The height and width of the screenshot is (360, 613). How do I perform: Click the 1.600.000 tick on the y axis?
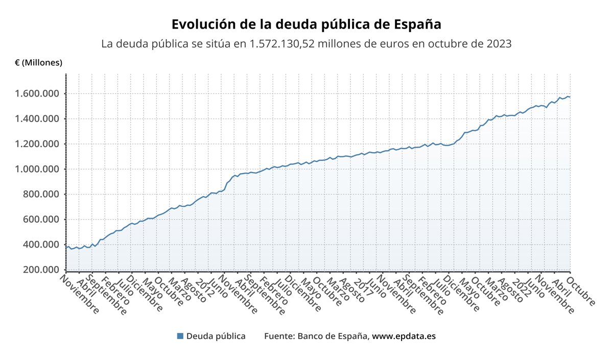(x=38, y=94)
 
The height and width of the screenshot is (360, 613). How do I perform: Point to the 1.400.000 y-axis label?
(x=38, y=119)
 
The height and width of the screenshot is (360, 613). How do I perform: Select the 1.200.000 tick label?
(x=38, y=144)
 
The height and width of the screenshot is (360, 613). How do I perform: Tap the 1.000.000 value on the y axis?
(x=38, y=169)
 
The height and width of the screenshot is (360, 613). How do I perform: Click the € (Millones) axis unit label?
(x=38, y=63)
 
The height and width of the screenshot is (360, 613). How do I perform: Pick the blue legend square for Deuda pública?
(x=180, y=336)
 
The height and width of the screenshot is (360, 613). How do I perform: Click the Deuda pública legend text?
(x=216, y=336)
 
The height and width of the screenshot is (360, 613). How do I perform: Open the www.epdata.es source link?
(x=404, y=336)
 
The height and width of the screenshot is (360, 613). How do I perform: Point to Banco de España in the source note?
(x=333, y=336)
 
